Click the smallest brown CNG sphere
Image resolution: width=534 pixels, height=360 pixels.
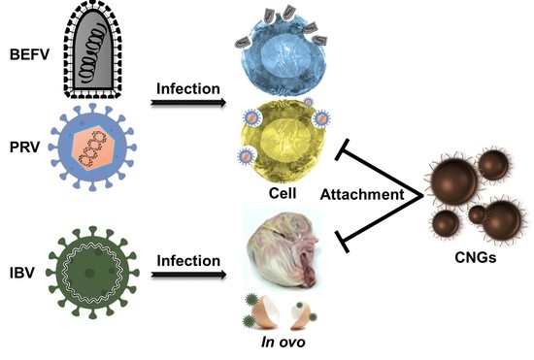click(x=478, y=215)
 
